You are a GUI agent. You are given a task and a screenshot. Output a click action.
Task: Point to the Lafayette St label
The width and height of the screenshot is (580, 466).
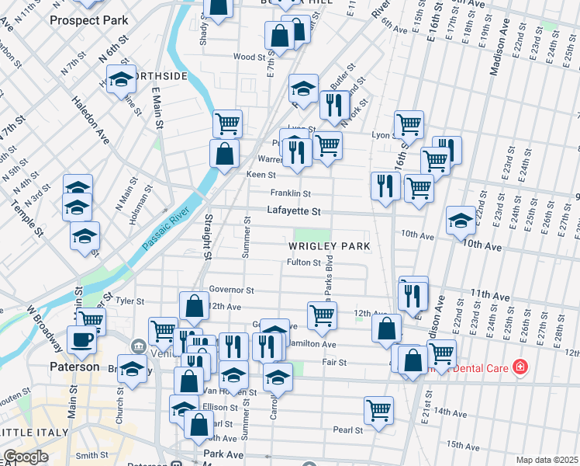click(x=294, y=210)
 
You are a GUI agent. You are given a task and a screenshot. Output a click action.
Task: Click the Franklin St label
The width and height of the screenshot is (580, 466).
click(x=290, y=193)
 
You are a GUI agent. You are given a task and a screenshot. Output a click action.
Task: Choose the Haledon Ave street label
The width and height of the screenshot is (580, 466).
click(x=91, y=120)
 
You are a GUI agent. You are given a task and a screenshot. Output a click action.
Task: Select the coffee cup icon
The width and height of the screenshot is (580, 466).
click(x=81, y=339)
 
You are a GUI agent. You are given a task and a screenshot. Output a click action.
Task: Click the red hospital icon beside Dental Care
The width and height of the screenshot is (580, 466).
click(x=520, y=366)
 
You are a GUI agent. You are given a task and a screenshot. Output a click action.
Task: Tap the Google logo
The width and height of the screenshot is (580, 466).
click(x=26, y=457)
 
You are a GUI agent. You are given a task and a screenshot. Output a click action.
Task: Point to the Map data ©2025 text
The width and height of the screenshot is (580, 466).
click(x=547, y=460)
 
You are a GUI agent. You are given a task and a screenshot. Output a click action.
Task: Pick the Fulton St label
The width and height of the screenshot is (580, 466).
click(x=304, y=263)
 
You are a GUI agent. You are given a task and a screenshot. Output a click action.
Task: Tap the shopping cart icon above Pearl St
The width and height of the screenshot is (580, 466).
click(x=378, y=409)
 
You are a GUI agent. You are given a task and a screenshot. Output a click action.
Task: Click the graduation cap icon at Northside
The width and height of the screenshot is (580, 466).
click(x=121, y=79)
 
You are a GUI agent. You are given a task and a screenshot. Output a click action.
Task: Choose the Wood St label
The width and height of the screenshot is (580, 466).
click(x=250, y=57)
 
